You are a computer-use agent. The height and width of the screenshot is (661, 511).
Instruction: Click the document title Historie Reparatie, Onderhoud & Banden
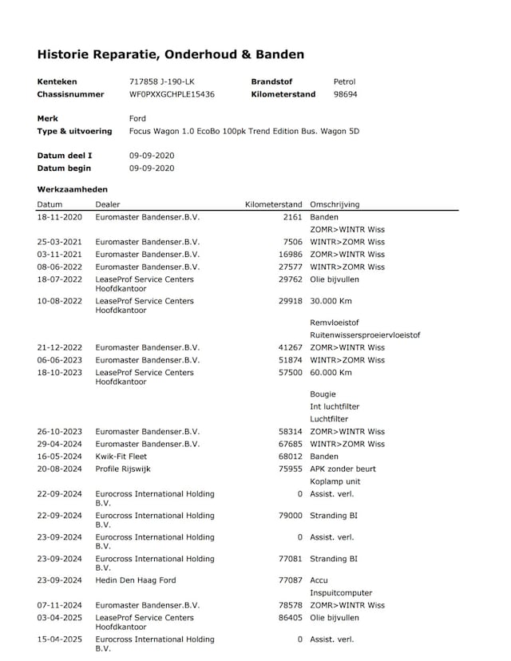coord(170,54)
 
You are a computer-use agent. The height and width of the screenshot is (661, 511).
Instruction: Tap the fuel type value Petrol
coord(344,81)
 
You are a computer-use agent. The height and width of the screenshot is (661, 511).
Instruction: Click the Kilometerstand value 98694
coord(345,94)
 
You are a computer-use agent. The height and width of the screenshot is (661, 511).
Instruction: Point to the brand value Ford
coord(137,118)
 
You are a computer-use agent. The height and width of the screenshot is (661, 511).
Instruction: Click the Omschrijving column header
coord(335,204)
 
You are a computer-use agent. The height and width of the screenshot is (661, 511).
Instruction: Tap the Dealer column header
coord(108,204)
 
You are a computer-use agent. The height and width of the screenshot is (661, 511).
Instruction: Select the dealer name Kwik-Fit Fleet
coord(121,457)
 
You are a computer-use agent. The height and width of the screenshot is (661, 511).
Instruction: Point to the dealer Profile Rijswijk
coord(123,469)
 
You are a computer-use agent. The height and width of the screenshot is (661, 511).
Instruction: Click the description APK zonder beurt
coord(343,469)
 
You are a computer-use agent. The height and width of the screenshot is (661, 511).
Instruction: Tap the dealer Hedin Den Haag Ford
coord(135,580)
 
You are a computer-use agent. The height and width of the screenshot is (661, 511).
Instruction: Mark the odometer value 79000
coord(290,516)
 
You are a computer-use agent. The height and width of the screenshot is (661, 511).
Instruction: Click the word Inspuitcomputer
coord(341,593)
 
